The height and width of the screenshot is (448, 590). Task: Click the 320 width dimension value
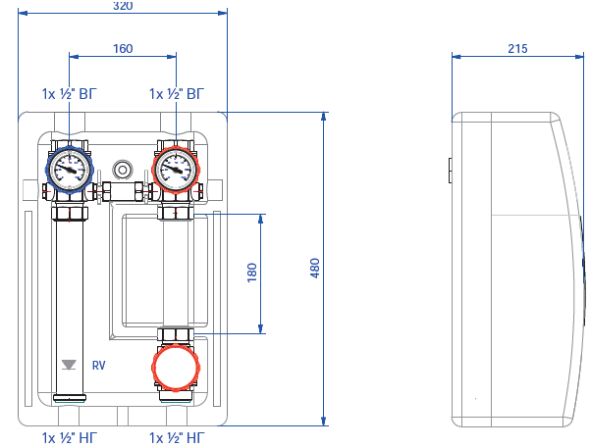click(123, 5)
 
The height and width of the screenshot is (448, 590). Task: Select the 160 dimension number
click(123, 48)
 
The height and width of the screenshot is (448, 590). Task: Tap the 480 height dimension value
click(315, 269)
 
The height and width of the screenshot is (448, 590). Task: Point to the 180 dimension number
click(251, 273)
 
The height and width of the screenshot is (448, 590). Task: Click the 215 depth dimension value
click(518, 48)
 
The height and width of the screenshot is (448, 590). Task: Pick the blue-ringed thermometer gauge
click(70, 169)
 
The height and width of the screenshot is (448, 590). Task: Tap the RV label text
click(98, 365)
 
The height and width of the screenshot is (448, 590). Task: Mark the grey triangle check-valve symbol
click(69, 365)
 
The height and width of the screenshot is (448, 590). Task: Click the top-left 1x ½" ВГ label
click(70, 94)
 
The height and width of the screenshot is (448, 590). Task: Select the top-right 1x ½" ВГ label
click(178, 94)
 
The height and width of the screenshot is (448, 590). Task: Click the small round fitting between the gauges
click(123, 168)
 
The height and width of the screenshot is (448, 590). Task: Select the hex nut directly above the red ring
click(176, 335)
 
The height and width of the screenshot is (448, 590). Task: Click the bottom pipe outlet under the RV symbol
click(70, 398)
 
